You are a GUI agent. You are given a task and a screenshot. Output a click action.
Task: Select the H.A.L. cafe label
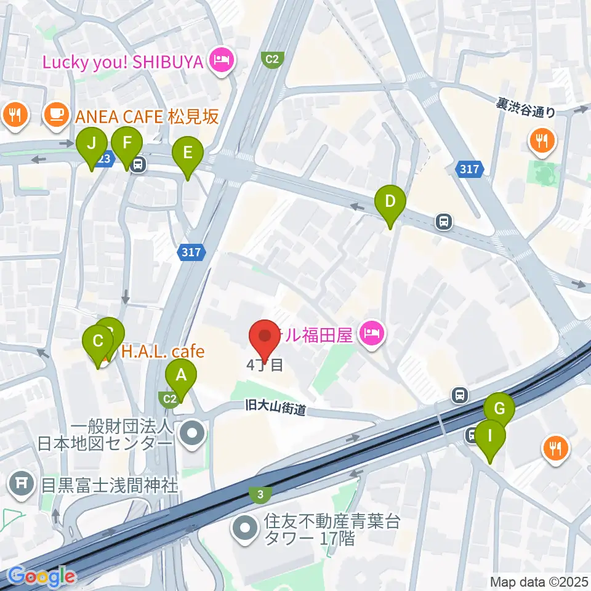tap(163, 352)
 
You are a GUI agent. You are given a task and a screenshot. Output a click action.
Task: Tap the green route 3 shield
tap(260, 494)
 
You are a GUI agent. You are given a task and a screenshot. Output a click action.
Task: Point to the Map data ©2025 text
tap(539, 582)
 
